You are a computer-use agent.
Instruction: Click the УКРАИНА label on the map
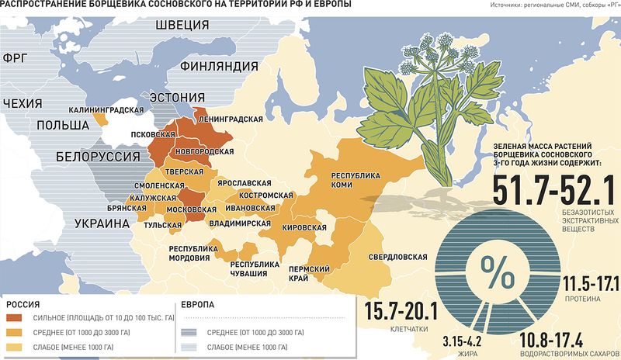(x=101, y=223)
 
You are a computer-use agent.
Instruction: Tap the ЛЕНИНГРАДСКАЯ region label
(x=231, y=120)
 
